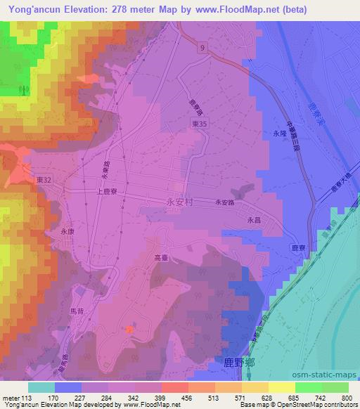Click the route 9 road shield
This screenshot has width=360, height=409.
tap(202, 48)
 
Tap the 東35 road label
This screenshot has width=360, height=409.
tap(200, 122)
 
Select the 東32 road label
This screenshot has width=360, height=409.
tap(41, 180)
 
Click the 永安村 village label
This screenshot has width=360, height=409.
tap(178, 202)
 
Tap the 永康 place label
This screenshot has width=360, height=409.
tap(67, 230)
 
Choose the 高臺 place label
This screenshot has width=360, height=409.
tap(162, 258)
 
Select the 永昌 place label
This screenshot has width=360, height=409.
tap(254, 219)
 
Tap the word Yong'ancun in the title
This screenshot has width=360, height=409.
tap(32, 8)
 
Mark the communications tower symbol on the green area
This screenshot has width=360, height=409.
tap(22, 90)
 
